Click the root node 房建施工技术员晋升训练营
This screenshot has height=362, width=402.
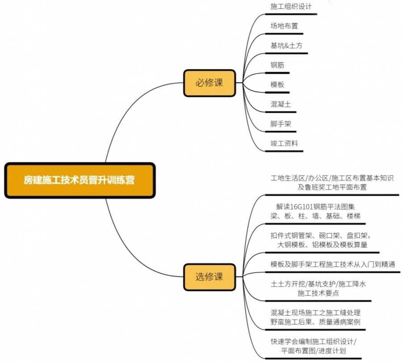[x=80, y=181]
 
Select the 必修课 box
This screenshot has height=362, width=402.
[x=209, y=83]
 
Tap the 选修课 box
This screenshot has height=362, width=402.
[x=209, y=276]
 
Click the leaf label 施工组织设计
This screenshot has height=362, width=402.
[x=291, y=7]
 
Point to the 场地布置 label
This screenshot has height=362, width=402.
[x=284, y=26]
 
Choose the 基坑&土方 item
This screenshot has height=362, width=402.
[x=287, y=45]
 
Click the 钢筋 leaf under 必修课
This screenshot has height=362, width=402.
[x=277, y=65]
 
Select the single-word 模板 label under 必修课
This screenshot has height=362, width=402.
[x=277, y=85]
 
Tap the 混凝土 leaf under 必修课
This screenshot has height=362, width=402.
[x=281, y=104]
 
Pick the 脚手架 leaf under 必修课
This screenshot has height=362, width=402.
[x=281, y=124]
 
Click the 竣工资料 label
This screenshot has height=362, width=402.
[x=284, y=143]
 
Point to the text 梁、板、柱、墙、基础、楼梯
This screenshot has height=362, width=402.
[x=315, y=216]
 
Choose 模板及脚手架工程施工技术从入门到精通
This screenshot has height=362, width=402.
[x=333, y=264]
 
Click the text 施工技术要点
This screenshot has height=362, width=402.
[x=318, y=293]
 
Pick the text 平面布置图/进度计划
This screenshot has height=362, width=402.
[x=315, y=351]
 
